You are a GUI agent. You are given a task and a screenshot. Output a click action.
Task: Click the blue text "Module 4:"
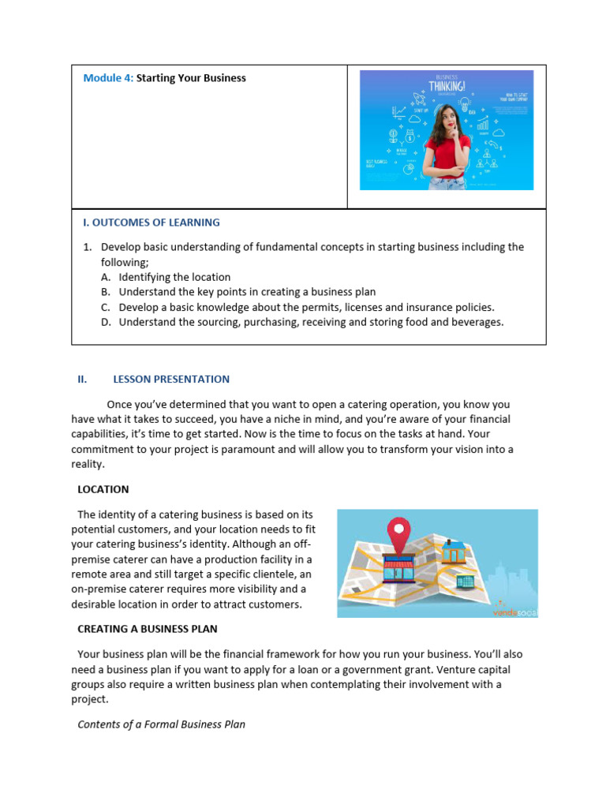coord(108,78)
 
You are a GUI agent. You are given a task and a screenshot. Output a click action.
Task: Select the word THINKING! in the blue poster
coord(447,85)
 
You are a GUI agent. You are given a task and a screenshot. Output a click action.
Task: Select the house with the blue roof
coord(453,552)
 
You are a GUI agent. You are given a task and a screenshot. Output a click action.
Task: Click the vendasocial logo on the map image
coord(514,610)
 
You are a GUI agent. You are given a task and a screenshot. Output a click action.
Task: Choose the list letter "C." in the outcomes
coord(106,307)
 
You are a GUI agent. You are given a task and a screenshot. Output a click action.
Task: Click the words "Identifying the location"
coord(174,277)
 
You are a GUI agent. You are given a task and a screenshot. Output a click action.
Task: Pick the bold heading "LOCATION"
coord(103,489)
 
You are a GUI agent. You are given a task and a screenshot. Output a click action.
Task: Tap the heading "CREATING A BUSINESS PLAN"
coord(147,629)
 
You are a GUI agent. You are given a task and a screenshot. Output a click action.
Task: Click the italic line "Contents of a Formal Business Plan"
coord(161,724)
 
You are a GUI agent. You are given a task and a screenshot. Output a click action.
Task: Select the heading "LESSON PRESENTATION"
coord(171,379)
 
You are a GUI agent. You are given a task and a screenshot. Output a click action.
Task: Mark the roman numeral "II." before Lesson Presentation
coord(82,379)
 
